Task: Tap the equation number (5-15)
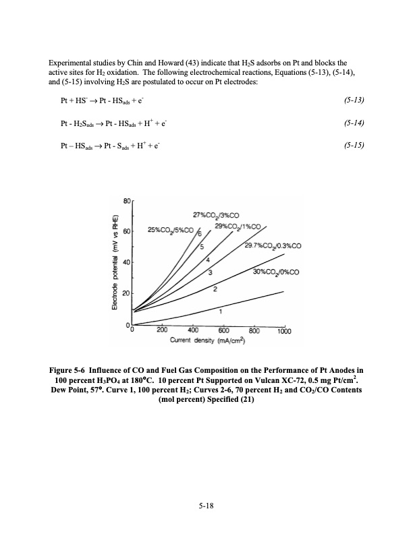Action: pos(354,145)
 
